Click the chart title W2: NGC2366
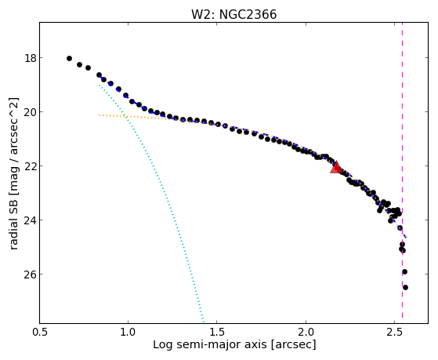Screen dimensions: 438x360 [233, 15]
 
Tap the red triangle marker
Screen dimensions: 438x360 [335, 168]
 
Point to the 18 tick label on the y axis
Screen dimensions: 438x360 [30, 58]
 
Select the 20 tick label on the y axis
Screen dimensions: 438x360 [30, 112]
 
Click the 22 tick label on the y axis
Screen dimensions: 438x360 [30, 165]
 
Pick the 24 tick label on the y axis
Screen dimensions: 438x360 [30, 220]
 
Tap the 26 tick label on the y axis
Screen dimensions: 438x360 [30, 275]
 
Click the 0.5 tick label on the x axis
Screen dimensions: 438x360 [40, 332]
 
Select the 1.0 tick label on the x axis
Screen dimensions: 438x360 [129, 332]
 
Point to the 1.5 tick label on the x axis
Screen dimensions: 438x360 [217, 332]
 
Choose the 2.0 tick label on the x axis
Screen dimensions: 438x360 [306, 332]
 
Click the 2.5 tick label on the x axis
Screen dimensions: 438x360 [394, 332]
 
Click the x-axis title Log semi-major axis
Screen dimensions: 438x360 [209, 345]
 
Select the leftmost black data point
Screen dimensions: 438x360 [69, 59]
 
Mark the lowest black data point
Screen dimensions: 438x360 [405, 287]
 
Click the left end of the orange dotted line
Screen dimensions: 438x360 [100, 115]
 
